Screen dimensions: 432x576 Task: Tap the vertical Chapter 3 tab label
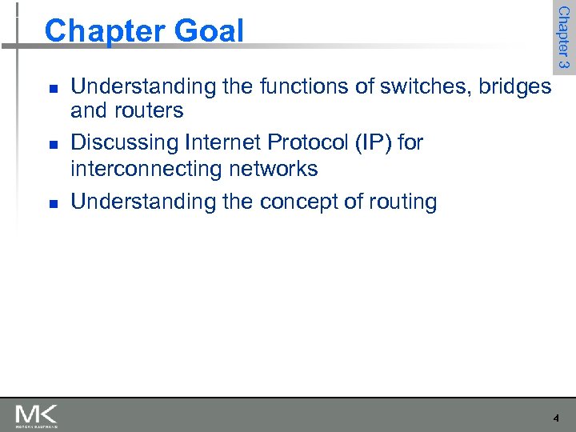point(563,37)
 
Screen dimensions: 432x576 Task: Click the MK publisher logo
point(36,415)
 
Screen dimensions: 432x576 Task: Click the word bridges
point(514,86)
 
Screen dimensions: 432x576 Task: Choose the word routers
point(151,110)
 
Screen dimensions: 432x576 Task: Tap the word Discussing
point(125,142)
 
